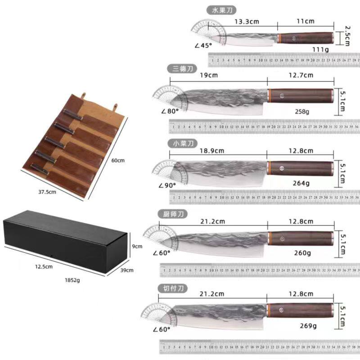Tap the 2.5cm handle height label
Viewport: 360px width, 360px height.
[x=347, y=35]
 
